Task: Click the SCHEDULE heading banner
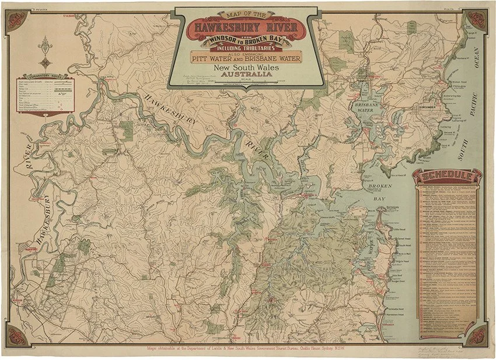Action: point(447,176)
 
